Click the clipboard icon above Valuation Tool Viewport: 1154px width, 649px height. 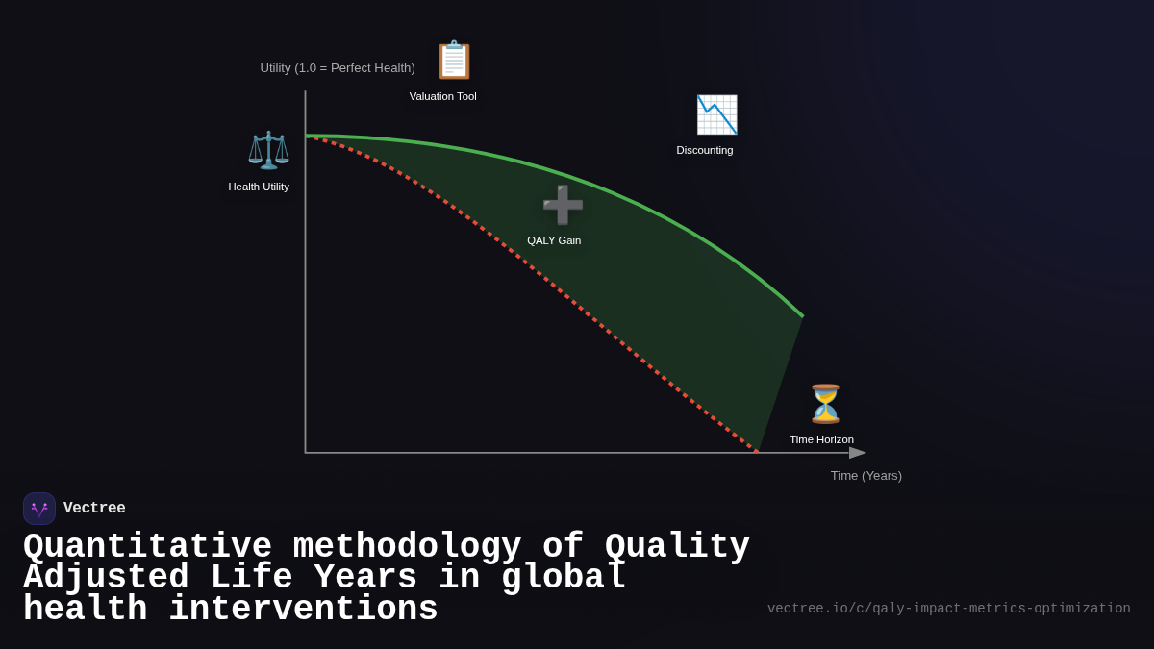454,60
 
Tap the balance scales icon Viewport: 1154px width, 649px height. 268,150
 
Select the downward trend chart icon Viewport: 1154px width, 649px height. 716,114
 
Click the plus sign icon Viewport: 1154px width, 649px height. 563,205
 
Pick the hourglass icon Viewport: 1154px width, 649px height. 825,404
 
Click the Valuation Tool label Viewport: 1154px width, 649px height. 442,96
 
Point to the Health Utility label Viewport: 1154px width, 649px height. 259,187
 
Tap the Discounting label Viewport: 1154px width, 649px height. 704,150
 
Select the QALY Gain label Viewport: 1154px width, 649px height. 554,240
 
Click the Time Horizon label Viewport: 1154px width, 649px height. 821,439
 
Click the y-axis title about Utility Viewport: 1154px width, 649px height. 338,68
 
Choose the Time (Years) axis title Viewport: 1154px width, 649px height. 865,475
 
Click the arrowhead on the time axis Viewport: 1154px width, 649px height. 858,453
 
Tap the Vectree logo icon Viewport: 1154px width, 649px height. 39,509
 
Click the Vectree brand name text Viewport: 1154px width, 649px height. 94,509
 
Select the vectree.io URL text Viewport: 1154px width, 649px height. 948,609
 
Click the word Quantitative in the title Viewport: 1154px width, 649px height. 147,546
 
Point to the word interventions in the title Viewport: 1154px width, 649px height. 303,610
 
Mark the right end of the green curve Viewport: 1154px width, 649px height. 802,315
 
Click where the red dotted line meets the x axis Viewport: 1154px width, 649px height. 758,452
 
